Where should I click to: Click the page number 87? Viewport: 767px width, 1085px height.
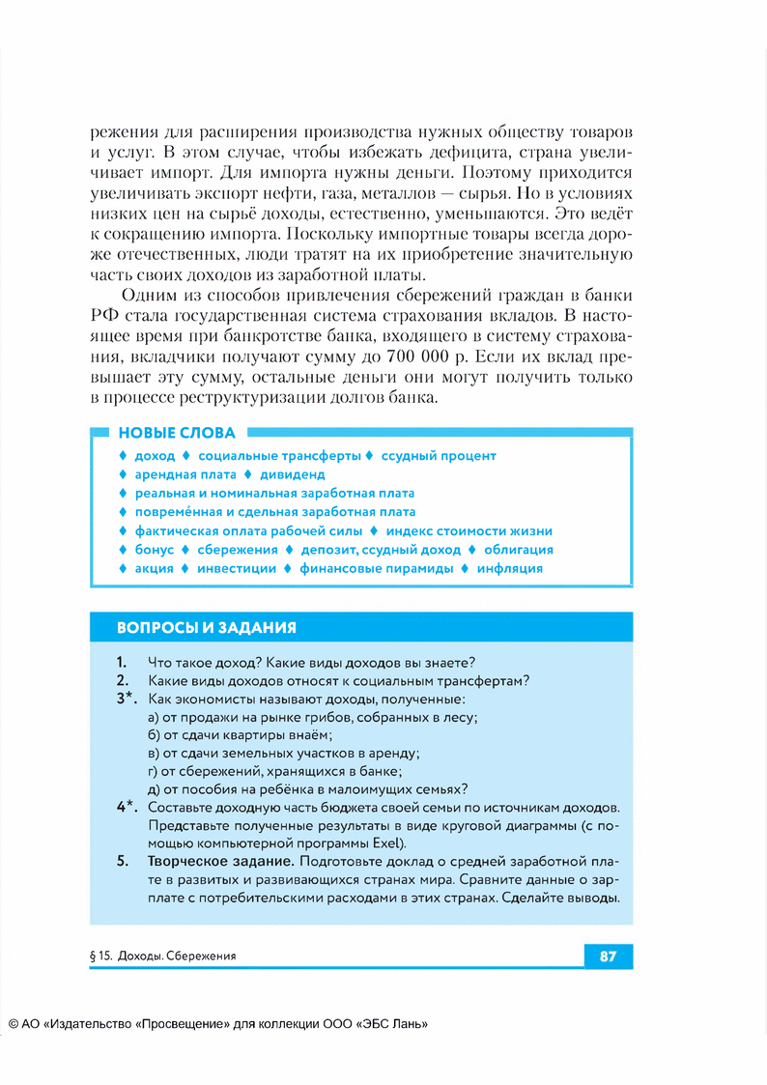point(608,957)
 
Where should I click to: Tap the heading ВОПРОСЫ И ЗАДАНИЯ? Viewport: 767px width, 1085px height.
point(206,627)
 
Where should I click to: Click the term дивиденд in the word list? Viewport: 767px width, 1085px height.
point(292,474)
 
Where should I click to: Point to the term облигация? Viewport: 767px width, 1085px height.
point(519,550)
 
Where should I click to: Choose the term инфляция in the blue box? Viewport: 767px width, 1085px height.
point(509,568)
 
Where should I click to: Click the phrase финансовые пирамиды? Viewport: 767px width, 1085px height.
point(377,568)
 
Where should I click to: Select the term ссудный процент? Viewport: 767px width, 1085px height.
point(439,455)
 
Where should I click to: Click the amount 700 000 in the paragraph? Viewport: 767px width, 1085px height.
point(420,357)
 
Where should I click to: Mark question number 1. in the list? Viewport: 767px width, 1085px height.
point(122,663)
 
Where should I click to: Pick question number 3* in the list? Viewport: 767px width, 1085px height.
point(127,699)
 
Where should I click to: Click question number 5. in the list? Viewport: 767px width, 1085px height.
point(122,861)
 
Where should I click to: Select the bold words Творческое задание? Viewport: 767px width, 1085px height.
point(220,861)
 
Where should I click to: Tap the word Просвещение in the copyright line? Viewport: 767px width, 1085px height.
point(182,1025)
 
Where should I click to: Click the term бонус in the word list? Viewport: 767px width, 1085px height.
point(155,550)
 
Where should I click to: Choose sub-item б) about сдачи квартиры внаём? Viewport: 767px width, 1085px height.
point(226,735)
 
